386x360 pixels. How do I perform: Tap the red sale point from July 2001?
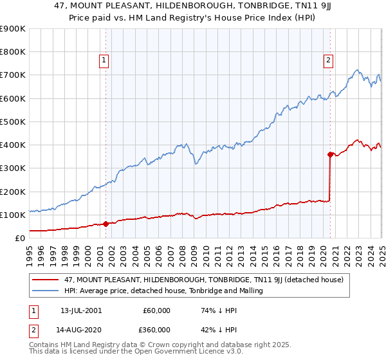(106, 224)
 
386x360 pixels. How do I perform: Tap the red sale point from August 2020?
(330, 154)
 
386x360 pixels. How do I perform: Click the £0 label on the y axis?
(19, 238)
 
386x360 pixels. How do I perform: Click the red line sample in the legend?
(46, 280)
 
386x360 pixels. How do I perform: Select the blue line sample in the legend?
(46, 291)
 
